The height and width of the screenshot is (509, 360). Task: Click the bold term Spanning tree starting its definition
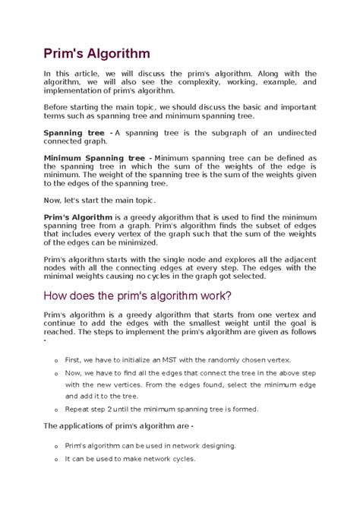(x=74, y=133)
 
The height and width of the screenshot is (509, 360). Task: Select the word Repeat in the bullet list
(x=77, y=409)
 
